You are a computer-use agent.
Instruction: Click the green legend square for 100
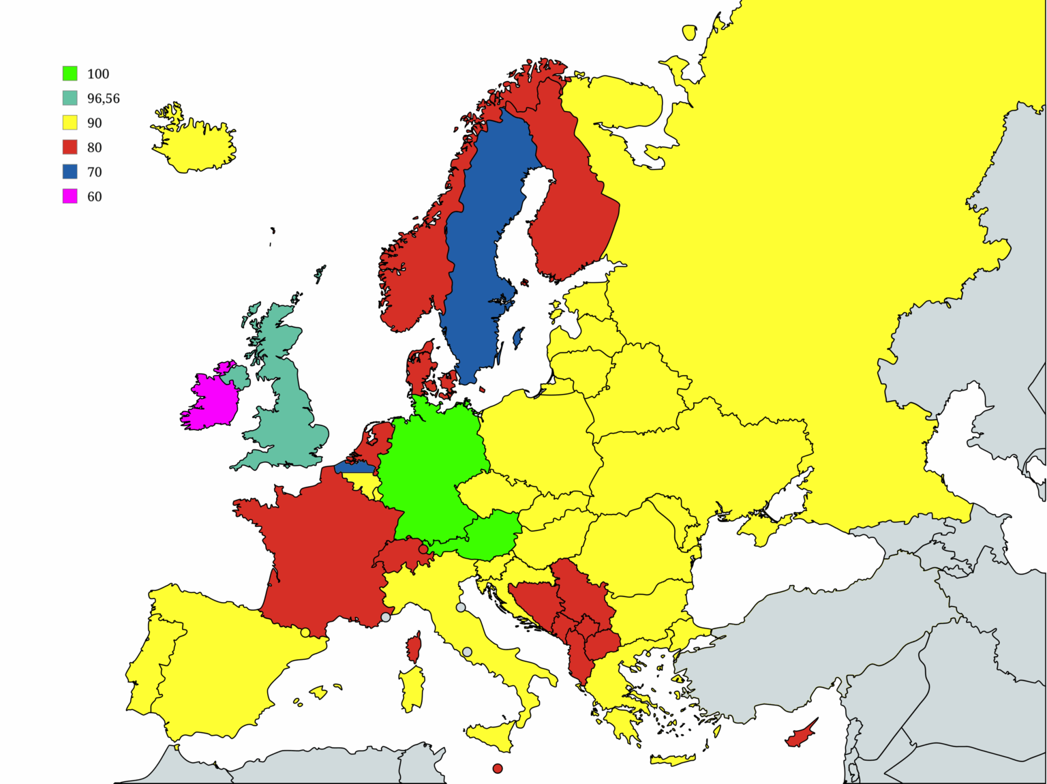[70, 74]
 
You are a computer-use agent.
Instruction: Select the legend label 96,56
[103, 98]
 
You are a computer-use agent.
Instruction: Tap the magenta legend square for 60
[70, 196]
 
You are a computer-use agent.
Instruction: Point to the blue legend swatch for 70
[70, 172]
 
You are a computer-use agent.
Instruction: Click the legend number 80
[94, 147]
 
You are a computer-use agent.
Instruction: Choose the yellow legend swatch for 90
[70, 123]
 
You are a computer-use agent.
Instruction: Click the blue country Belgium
[354, 468]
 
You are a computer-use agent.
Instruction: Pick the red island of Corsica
[414, 647]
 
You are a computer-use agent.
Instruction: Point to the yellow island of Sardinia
[412, 689]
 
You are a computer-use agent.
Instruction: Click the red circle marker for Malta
[498, 768]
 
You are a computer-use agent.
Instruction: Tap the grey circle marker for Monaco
[386, 617]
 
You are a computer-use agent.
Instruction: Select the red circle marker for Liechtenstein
[423, 549]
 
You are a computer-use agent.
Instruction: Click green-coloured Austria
[491, 535]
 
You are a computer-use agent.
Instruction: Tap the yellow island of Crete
[671, 759]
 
